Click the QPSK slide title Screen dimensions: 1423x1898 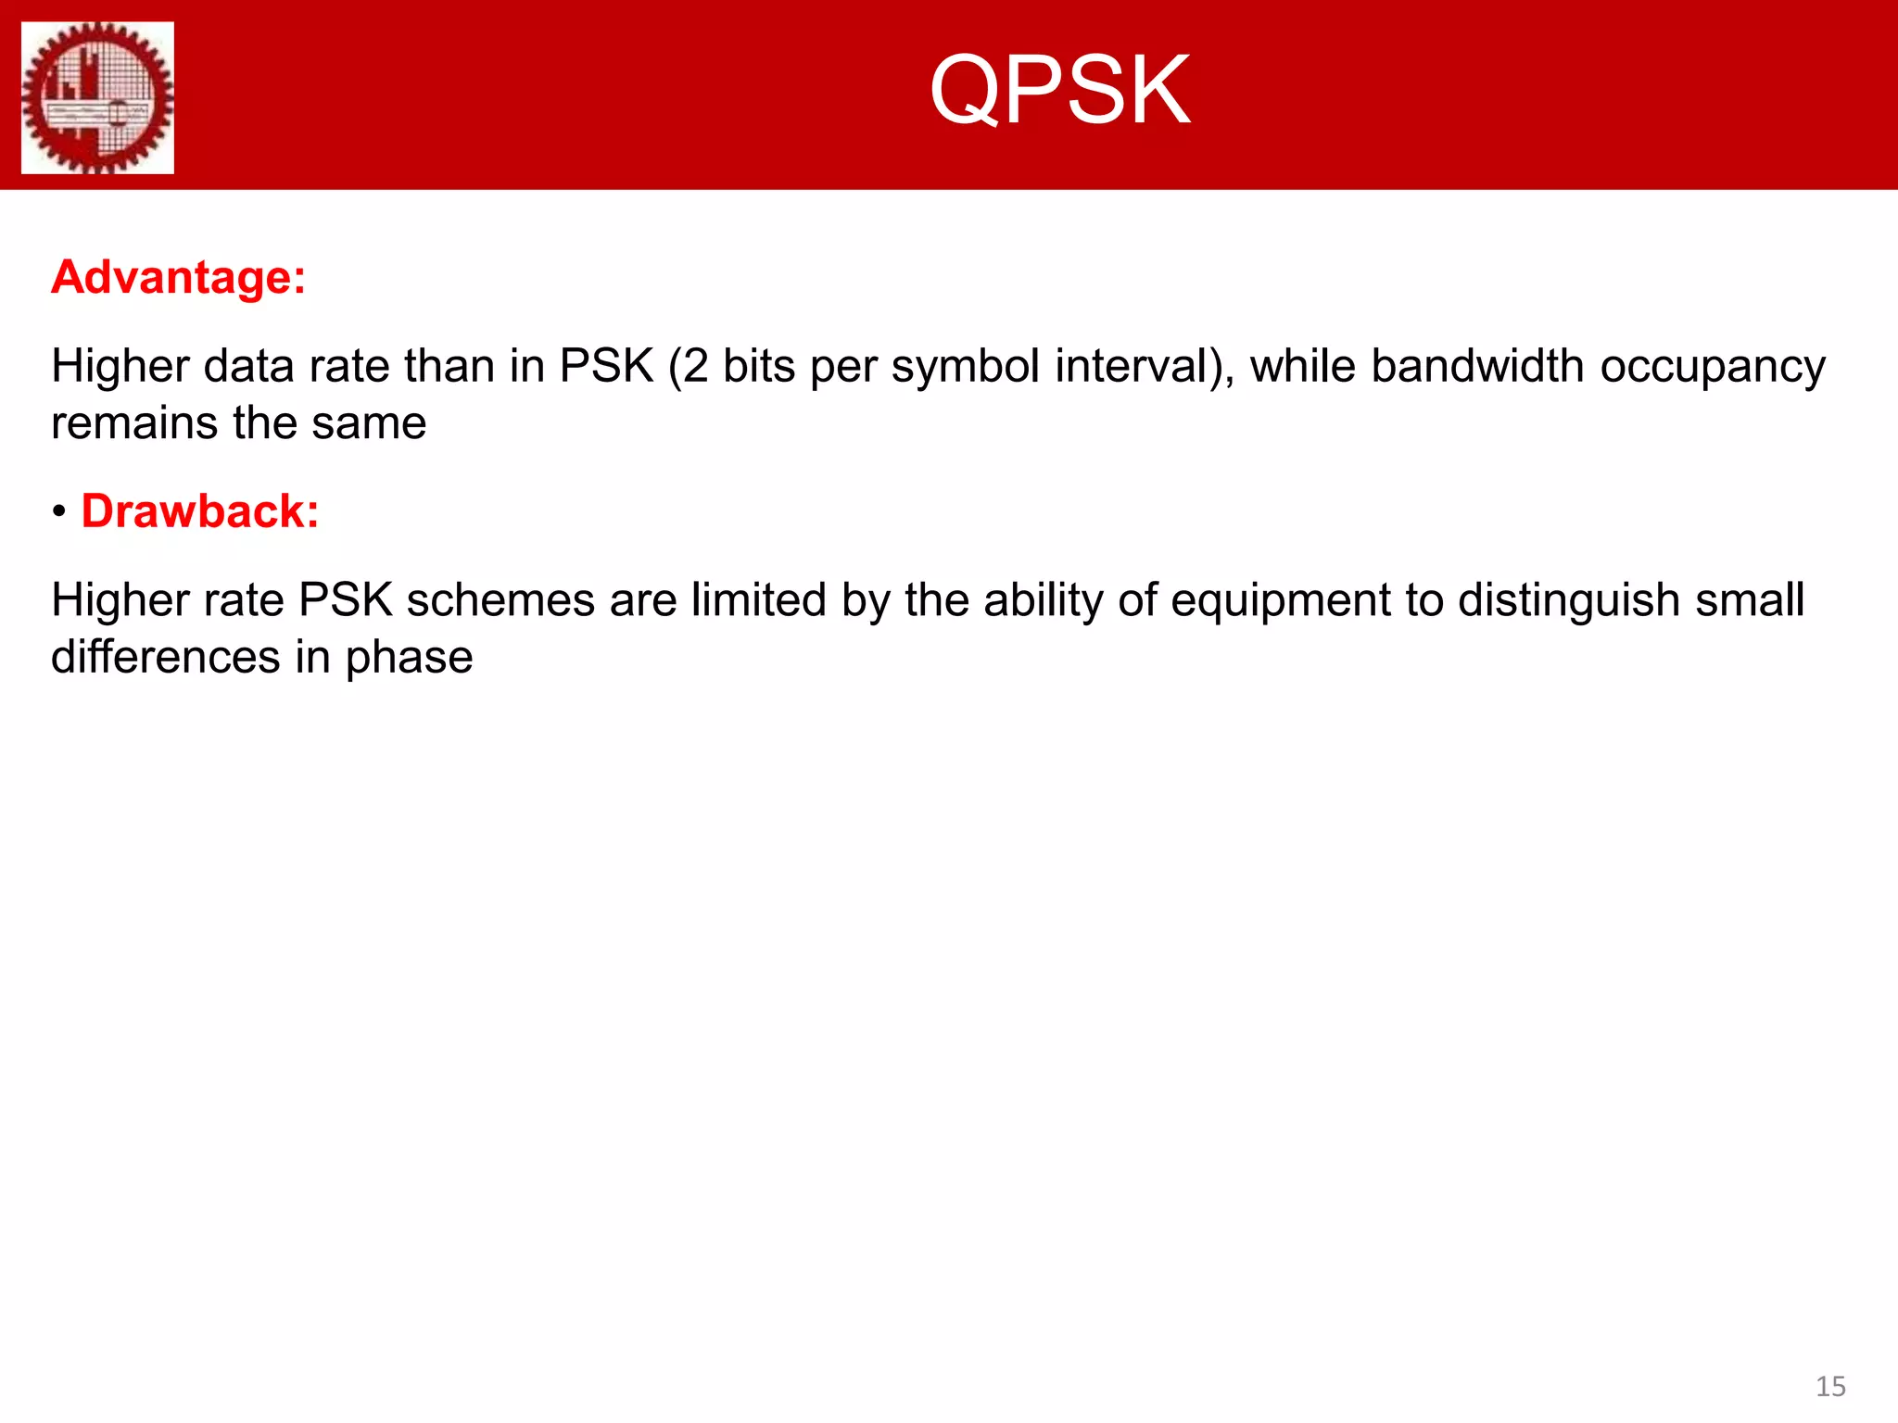[1059, 91]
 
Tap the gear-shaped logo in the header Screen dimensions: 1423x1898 [97, 98]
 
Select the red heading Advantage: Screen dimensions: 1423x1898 [179, 277]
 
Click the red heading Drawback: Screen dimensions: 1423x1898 [200, 511]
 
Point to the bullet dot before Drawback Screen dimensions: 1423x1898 [59, 512]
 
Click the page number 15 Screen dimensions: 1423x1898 [1830, 1387]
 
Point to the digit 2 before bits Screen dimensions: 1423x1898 [696, 366]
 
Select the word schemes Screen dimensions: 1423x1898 [500, 600]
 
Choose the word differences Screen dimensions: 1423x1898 [165, 658]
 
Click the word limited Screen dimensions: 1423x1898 [758, 600]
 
